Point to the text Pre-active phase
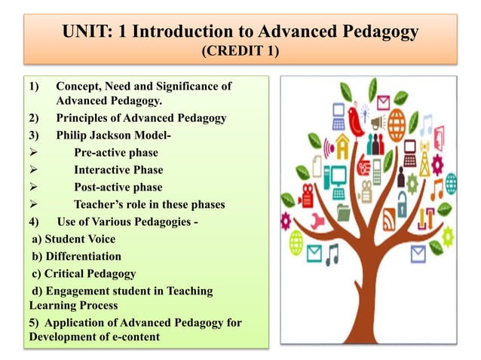(x=115, y=152)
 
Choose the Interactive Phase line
(x=118, y=169)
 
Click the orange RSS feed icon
(x=389, y=221)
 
